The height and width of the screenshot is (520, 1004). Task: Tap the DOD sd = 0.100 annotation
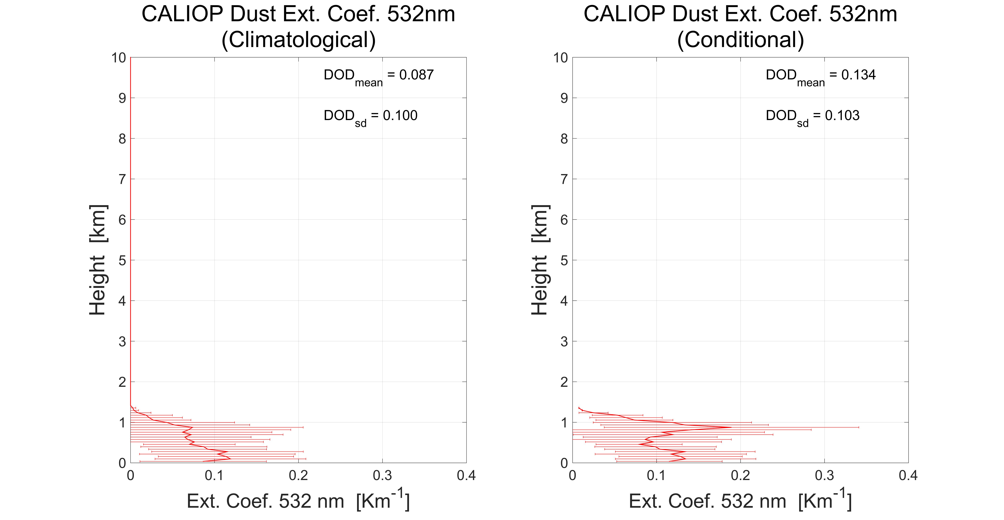pyautogui.click(x=370, y=116)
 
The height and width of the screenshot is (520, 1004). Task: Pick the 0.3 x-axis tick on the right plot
pyautogui.click(x=824, y=476)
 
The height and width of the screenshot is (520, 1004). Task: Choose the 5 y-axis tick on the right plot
pyautogui.click(x=564, y=260)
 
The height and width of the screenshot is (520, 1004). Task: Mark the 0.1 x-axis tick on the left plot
pyautogui.click(x=214, y=476)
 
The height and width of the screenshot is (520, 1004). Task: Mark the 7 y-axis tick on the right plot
pyautogui.click(x=564, y=179)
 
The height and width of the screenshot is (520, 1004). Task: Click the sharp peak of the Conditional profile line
pyautogui.click(x=731, y=427)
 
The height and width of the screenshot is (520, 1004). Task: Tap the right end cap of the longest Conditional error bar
pyautogui.click(x=859, y=427)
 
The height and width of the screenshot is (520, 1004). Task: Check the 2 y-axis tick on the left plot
pyautogui.click(x=122, y=382)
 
